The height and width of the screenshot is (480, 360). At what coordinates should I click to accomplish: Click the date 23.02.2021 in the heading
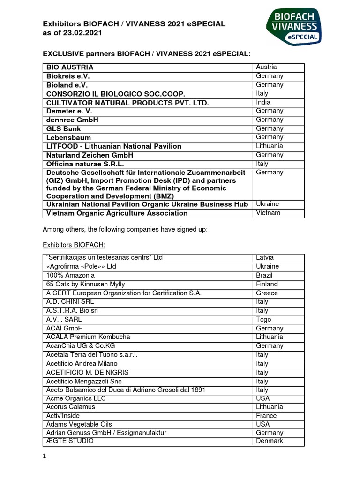click(82, 33)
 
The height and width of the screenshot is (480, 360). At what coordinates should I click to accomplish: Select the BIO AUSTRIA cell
click(70, 67)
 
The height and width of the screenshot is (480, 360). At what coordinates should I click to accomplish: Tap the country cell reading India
click(263, 102)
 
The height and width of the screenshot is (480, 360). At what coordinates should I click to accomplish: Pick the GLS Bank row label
click(64, 128)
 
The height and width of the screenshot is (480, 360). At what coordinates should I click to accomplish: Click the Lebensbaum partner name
click(69, 137)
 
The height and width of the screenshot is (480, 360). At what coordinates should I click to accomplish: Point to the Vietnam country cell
click(268, 213)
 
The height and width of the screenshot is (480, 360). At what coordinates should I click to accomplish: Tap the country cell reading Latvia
click(265, 257)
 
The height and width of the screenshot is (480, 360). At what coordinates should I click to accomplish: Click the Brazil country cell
click(264, 275)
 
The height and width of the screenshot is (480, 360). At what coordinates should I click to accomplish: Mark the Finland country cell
click(267, 284)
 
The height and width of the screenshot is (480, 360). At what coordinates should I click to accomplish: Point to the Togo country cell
click(263, 319)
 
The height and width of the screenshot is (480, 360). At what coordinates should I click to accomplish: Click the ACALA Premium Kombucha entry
click(88, 337)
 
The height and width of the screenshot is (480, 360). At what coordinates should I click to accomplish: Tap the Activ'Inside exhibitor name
click(63, 415)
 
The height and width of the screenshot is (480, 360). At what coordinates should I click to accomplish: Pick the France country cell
click(266, 415)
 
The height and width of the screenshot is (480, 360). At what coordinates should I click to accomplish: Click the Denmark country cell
click(270, 441)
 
